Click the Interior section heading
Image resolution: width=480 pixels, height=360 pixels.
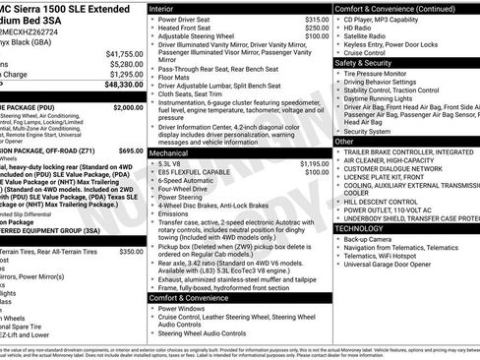click(x=168, y=7)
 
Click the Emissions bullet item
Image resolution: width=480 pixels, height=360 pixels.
click(x=173, y=213)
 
